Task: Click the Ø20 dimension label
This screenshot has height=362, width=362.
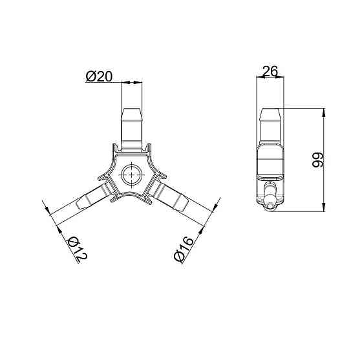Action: coord(99,76)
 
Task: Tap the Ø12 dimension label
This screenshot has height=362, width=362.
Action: coord(77,250)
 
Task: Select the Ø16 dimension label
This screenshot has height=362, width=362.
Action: coord(184,249)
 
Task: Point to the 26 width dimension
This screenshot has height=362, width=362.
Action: coord(270,71)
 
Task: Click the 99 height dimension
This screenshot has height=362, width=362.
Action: coord(317,160)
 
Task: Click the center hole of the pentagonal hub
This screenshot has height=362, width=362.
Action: coord(131,175)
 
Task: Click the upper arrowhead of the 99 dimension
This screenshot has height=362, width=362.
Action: coord(324,112)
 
